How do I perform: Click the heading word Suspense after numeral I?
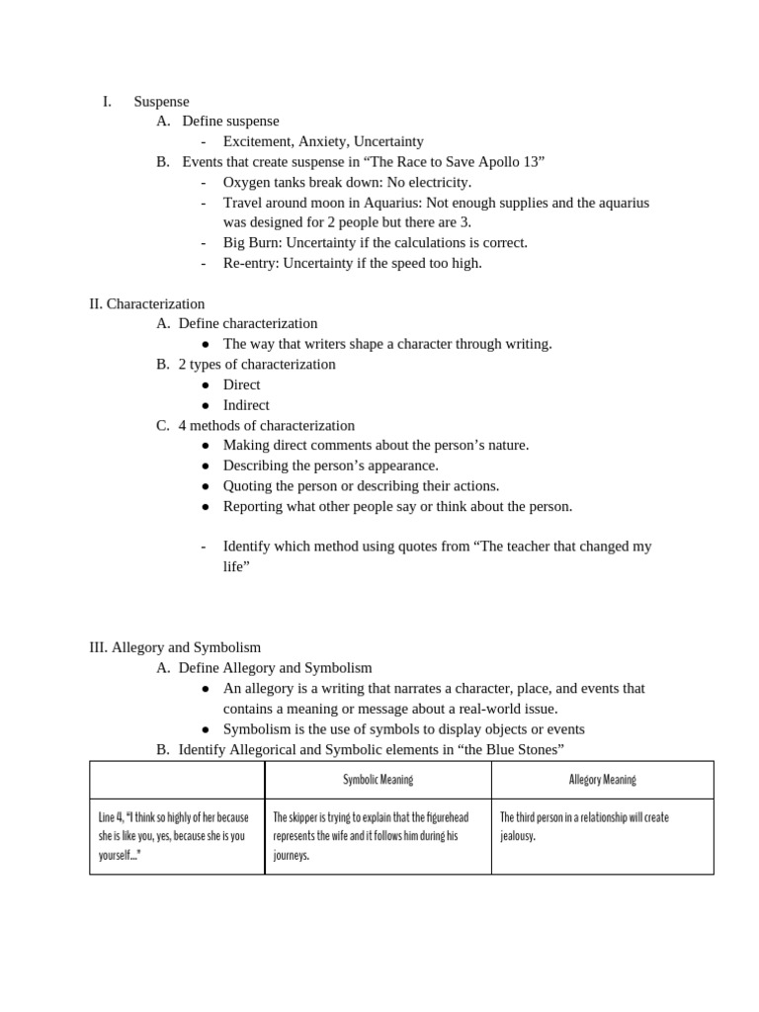[x=161, y=101]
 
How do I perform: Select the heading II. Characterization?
[x=147, y=303]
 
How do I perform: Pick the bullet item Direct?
[x=242, y=384]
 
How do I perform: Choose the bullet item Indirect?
[x=246, y=405]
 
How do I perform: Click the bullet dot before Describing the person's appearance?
[x=205, y=465]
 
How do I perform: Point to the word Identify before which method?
[x=251, y=547]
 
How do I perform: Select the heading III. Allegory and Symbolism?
[x=175, y=647]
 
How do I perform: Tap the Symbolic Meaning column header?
[x=378, y=780]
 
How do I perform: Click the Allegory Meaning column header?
[x=602, y=780]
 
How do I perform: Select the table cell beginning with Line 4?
[x=176, y=836]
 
